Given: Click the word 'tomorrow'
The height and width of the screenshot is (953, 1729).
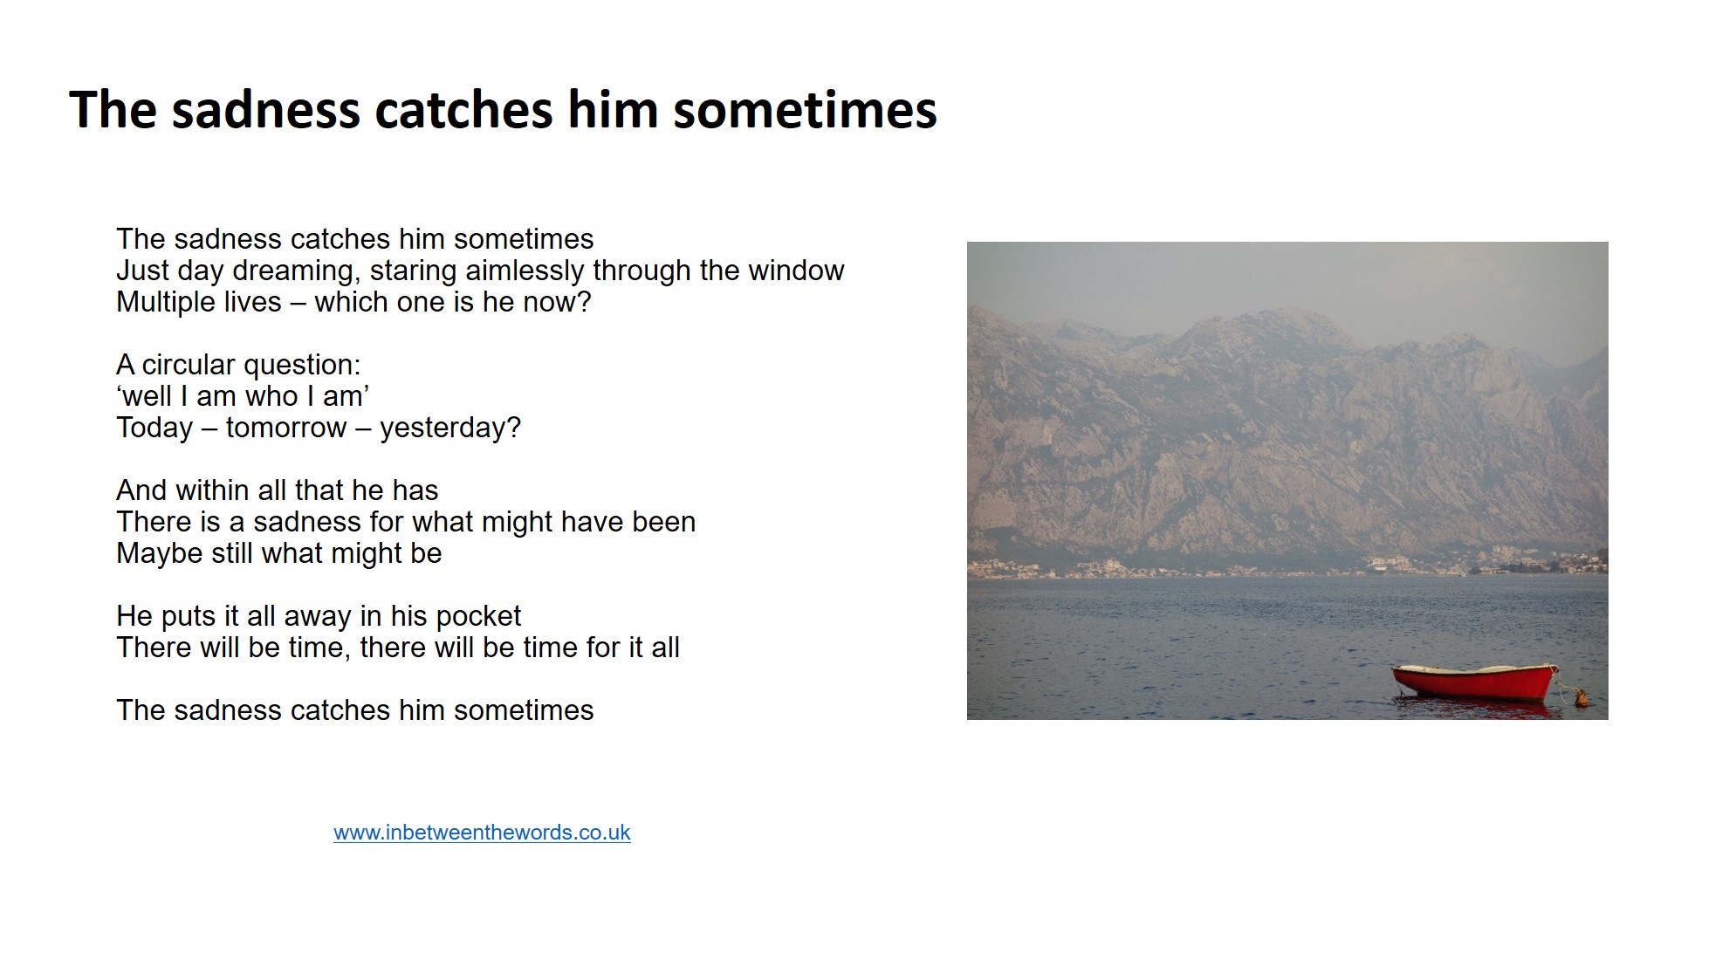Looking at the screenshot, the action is [286, 429].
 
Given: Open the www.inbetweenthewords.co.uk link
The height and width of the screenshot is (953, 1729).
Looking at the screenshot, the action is [482, 833].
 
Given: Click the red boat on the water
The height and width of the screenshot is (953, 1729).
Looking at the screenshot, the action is [1474, 682].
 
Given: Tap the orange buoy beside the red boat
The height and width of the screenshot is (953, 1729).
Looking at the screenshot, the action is [1580, 696].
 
